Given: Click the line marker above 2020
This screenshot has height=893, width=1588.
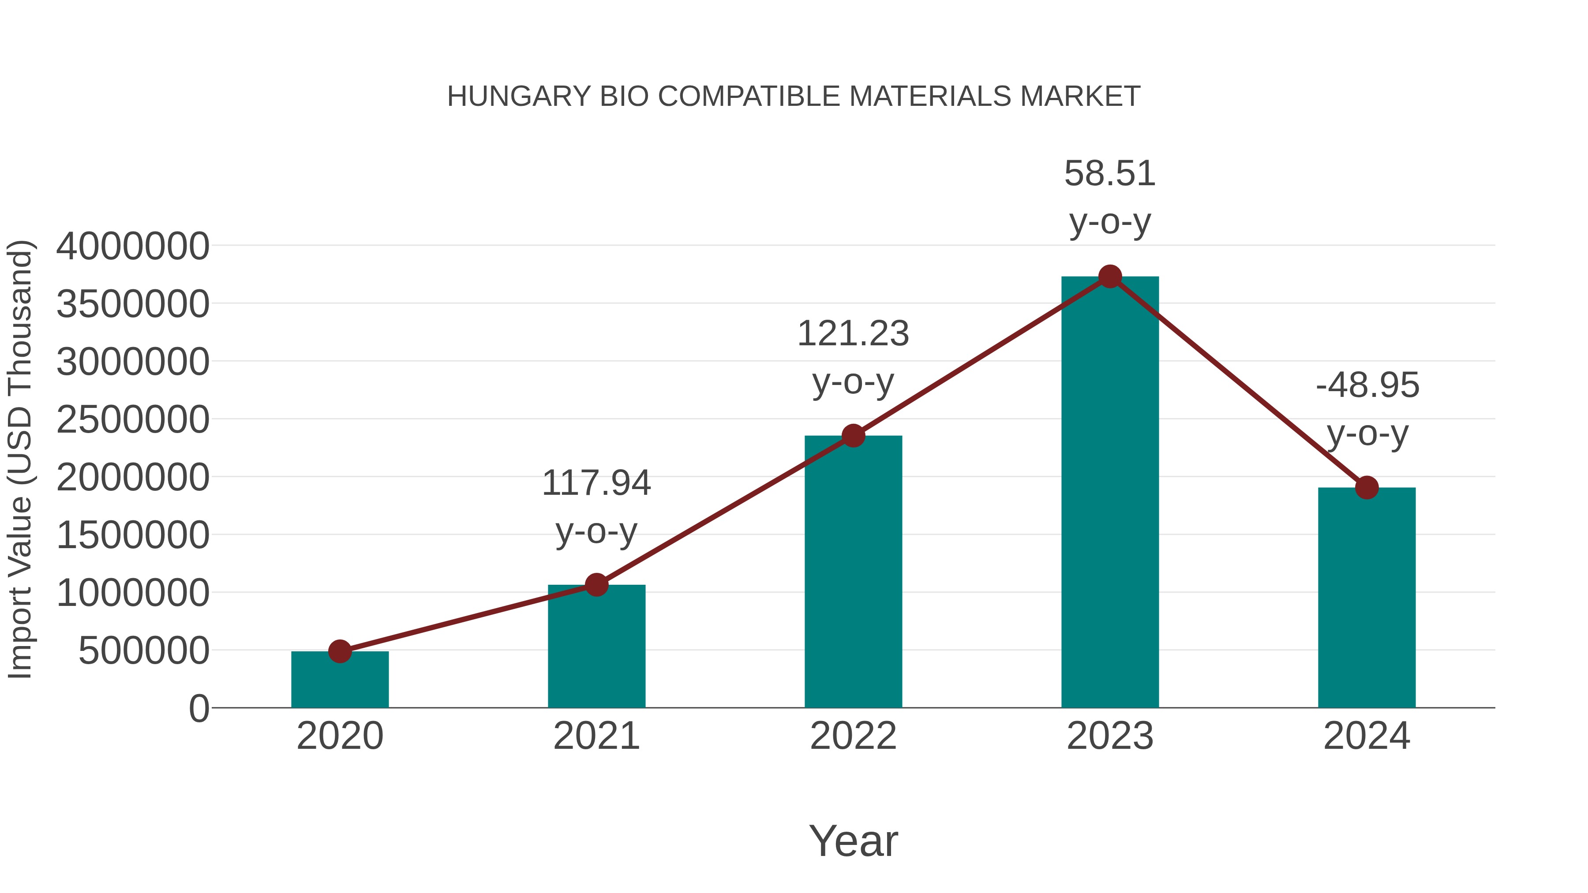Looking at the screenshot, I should pos(340,651).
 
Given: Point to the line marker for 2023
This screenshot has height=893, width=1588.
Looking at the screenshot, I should pos(1110,276).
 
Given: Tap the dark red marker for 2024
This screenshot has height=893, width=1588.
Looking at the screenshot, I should pos(1367,487).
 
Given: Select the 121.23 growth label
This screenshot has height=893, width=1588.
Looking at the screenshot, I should pos(853,358).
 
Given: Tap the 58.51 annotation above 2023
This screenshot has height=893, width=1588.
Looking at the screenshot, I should pos(1110,197).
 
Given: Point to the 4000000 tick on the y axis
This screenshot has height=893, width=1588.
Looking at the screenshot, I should pos(132,246).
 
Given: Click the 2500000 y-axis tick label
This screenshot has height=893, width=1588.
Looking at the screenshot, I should pos(132,420).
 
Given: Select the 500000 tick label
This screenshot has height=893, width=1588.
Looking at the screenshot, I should pos(144,651).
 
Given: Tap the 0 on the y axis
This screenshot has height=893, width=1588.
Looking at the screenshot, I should pos(198,708).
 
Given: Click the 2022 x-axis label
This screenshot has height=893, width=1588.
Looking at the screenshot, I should pos(853,736).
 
